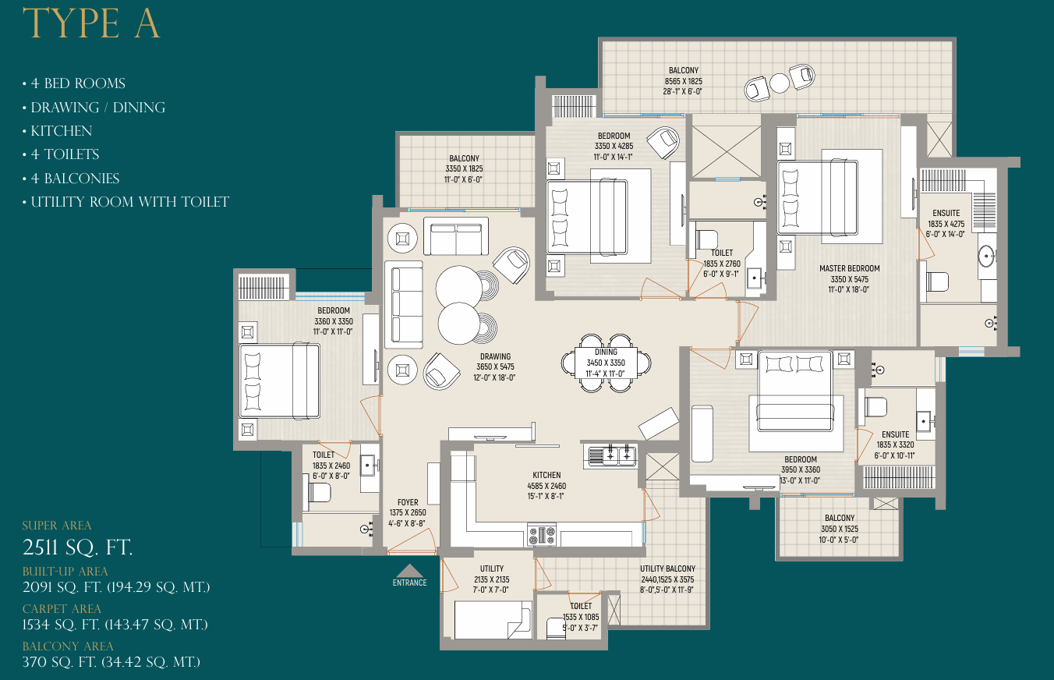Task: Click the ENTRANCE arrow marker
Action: coord(410,570)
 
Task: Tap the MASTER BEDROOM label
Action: coord(849,268)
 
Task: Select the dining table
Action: coord(606,363)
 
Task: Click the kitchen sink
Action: coord(610,456)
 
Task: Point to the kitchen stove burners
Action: coord(542,535)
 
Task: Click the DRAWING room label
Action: coord(495,356)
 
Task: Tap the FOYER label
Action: coord(408,502)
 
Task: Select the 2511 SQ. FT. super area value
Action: coord(78,547)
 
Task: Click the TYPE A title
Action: coord(91,23)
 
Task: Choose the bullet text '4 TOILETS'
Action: coord(65,154)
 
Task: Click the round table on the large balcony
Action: coord(780,83)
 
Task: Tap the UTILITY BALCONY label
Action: coord(667,568)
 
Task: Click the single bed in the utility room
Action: coord(493,620)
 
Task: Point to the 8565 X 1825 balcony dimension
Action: coord(683,81)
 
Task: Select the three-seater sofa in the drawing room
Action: coord(404,304)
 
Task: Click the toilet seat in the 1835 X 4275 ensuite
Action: coord(937,282)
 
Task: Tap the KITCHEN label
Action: coord(546,475)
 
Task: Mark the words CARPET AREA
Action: coord(62,609)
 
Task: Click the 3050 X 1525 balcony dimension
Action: coord(840,529)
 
